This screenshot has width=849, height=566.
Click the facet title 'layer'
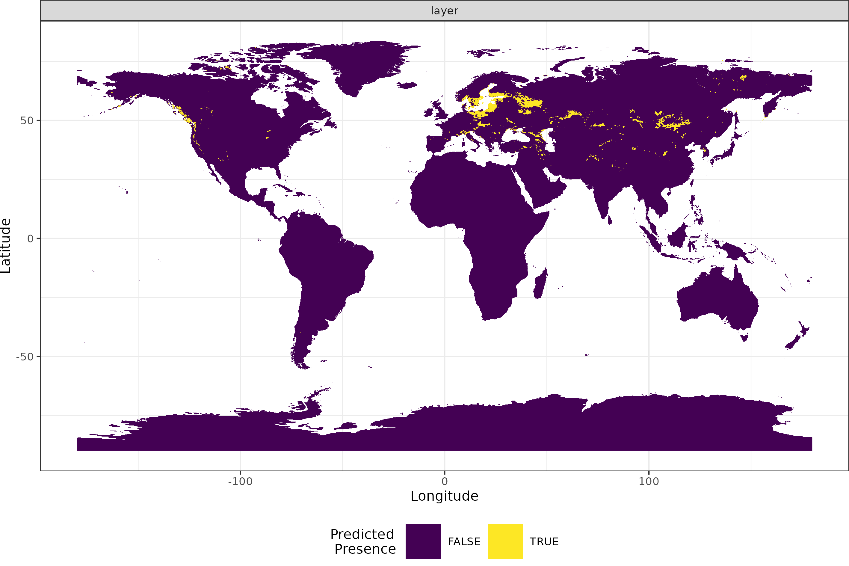click(x=444, y=11)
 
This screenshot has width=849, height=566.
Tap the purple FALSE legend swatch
click(x=423, y=541)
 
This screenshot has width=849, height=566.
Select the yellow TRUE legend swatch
click(x=505, y=541)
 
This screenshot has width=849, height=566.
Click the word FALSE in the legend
click(x=464, y=541)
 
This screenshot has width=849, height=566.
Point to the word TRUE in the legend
click(x=544, y=541)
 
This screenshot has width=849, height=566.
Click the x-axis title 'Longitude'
click(x=444, y=496)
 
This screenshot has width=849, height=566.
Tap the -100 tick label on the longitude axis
click(x=240, y=481)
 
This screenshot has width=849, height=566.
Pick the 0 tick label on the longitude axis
click(x=444, y=481)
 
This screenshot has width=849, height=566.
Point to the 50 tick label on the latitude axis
click(x=27, y=120)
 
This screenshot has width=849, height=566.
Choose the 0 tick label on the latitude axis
click(x=30, y=239)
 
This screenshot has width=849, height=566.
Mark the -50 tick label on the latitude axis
click(x=25, y=357)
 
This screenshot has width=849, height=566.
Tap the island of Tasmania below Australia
click(x=744, y=337)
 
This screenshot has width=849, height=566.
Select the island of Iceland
click(x=407, y=85)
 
